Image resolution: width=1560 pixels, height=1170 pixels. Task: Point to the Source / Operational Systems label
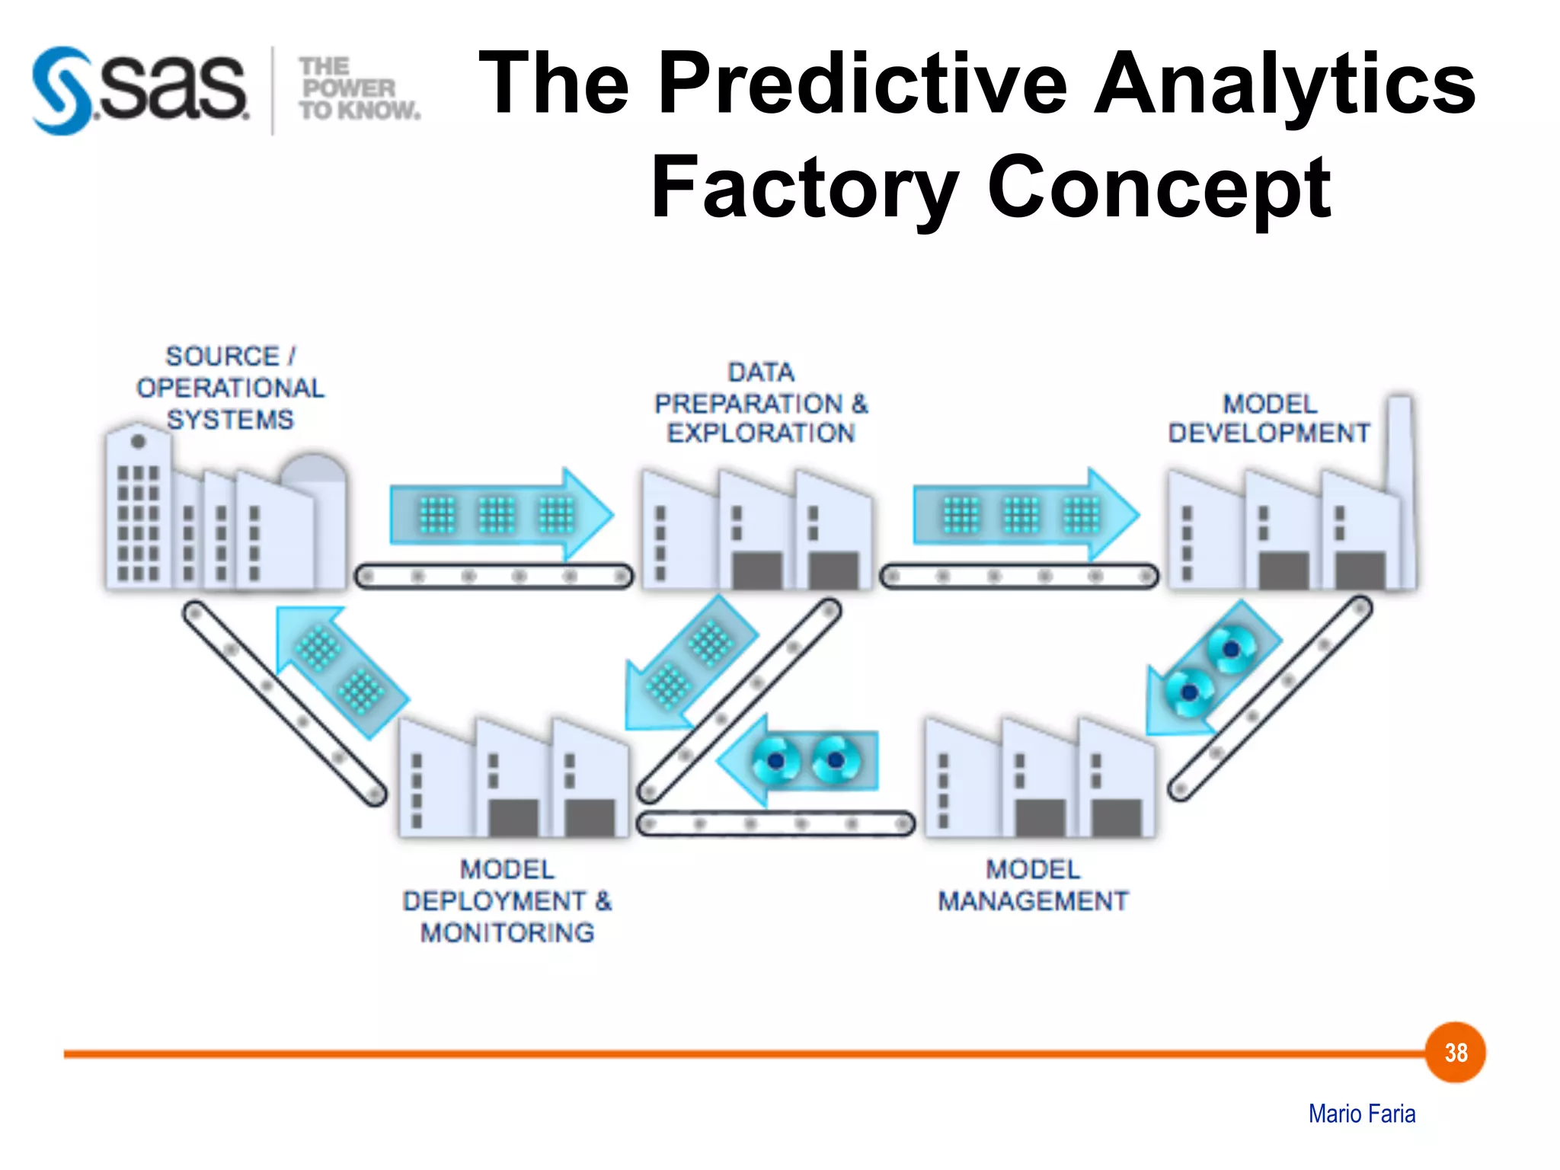click(x=230, y=388)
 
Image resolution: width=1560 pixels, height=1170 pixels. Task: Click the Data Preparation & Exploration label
click(x=760, y=403)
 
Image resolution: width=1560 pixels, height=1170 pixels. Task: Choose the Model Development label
click(x=1269, y=418)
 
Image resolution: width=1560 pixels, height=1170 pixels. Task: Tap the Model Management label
click(x=1033, y=886)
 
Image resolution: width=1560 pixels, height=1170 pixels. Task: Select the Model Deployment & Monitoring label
click(x=507, y=901)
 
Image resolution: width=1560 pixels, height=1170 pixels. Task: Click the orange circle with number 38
click(x=1456, y=1053)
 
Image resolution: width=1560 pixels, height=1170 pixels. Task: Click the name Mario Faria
click(x=1362, y=1114)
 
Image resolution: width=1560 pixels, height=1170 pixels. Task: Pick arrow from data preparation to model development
click(x=1025, y=515)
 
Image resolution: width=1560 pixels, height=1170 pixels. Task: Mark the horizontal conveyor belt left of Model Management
click(x=775, y=824)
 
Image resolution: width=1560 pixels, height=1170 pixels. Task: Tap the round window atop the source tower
click(x=138, y=441)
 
